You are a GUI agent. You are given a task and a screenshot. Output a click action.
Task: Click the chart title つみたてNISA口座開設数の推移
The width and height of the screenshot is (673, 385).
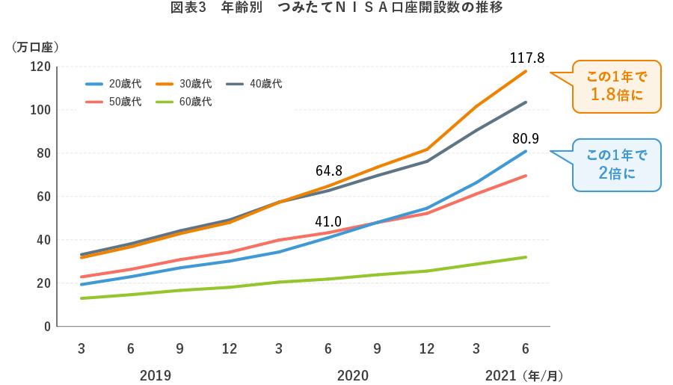point(336,9)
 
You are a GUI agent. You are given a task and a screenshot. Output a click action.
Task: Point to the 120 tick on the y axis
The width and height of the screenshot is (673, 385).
point(40,67)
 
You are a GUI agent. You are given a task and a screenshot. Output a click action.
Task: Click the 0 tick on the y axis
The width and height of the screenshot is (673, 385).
point(46,327)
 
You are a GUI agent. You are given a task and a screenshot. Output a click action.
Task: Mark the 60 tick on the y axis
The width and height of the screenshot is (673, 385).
point(43,197)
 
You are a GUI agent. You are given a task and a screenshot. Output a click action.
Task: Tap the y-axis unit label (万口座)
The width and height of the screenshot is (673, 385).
point(35,46)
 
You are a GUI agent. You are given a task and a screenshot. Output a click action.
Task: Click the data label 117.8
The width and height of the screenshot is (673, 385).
point(527,58)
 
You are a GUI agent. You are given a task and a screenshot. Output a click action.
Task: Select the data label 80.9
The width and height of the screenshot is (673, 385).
point(526,138)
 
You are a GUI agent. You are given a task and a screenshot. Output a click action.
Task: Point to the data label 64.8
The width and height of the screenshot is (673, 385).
point(329,171)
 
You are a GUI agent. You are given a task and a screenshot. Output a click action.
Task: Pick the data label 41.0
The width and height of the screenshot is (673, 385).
point(328,222)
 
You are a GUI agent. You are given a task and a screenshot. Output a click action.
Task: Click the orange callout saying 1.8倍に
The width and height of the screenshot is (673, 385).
point(617,86)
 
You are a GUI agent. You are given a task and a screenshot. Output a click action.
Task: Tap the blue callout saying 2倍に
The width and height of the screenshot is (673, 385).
point(617,164)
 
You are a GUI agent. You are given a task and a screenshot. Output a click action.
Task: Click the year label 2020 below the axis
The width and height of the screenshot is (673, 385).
point(353,375)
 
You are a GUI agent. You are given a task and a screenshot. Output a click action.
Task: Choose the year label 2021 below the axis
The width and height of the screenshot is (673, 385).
point(501,375)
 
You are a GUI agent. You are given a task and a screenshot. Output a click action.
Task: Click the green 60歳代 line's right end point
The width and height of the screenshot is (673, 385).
point(526,257)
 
